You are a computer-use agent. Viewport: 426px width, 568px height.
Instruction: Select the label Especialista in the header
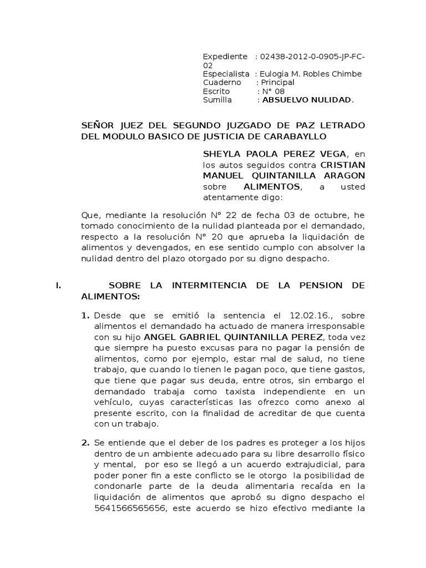(x=226, y=74)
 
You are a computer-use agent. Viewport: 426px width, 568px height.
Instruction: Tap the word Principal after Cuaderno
(x=282, y=83)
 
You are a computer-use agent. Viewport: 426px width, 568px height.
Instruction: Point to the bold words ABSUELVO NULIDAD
(x=307, y=100)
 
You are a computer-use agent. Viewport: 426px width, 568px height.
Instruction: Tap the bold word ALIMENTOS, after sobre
(x=270, y=187)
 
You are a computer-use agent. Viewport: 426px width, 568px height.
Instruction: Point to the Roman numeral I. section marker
(x=58, y=286)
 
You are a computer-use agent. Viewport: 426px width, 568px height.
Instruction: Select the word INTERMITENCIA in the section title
(x=199, y=286)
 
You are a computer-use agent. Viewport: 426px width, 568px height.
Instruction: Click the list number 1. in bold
(x=85, y=316)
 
